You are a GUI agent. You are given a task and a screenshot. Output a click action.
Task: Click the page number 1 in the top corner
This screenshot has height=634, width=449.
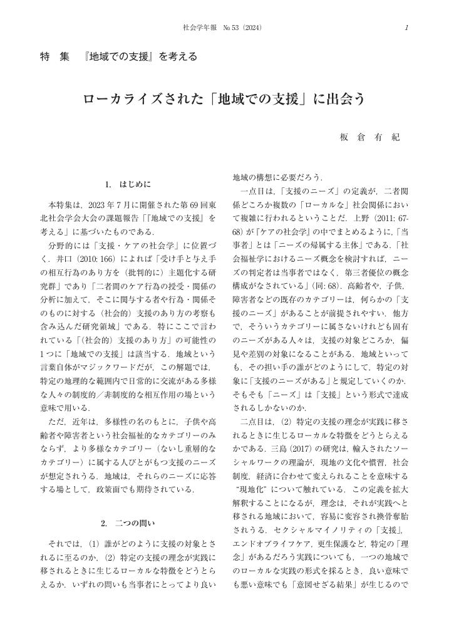coord(406,28)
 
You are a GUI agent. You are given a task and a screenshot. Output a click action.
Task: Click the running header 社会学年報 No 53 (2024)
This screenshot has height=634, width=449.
coord(222,28)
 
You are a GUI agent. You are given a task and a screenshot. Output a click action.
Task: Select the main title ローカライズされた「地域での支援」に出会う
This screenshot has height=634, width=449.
coord(224,100)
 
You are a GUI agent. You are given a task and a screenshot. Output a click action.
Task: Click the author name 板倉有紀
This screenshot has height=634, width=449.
coord(369,137)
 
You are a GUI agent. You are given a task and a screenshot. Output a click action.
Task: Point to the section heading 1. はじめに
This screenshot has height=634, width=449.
coord(128,185)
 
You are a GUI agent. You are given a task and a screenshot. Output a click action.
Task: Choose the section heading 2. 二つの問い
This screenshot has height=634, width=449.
coord(127,522)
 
